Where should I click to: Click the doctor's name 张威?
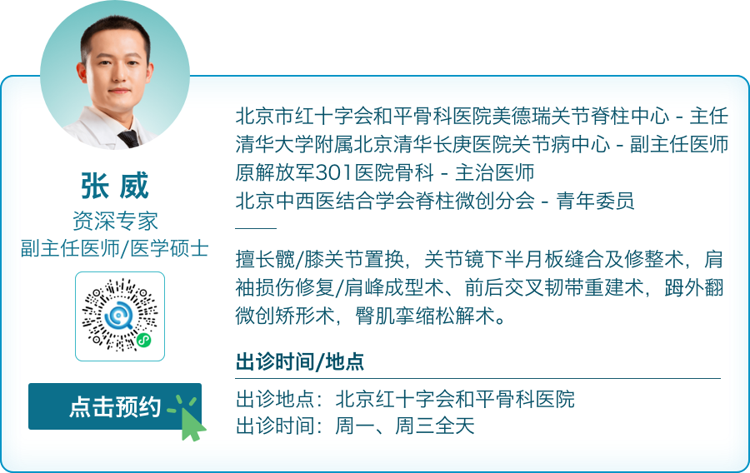pyautogui.click(x=115, y=187)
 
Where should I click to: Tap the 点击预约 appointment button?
pyautogui.click(x=115, y=406)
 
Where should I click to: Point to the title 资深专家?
pyautogui.click(x=115, y=221)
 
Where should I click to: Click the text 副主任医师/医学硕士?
pyautogui.click(x=115, y=247)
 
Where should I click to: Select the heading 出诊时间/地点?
pyautogui.click(x=300, y=362)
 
